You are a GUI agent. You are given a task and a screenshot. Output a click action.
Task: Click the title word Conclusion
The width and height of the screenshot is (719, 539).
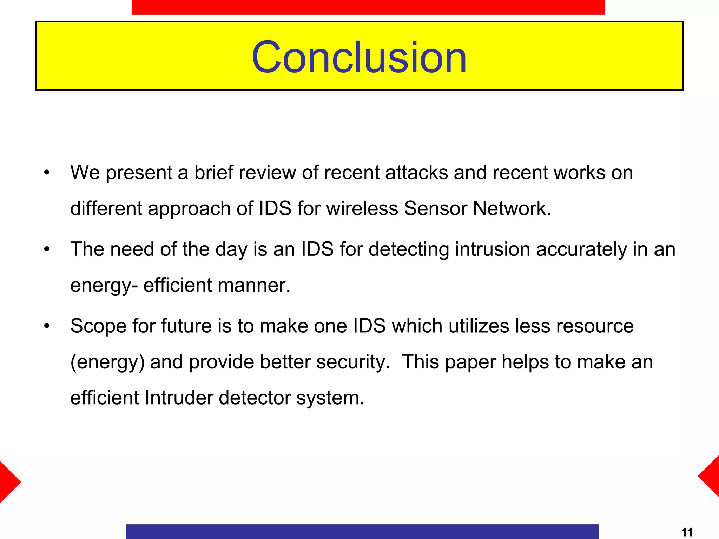pyautogui.click(x=359, y=57)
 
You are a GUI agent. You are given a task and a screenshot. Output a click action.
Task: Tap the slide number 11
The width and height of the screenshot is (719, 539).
pyautogui.click(x=687, y=532)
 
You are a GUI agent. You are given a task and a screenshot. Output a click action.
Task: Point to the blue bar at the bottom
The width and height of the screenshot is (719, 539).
pyautogui.click(x=362, y=531)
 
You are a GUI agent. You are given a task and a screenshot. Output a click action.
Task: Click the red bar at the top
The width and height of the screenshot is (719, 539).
pyautogui.click(x=368, y=7)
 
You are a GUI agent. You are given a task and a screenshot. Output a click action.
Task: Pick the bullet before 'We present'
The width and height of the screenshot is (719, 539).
pyautogui.click(x=47, y=173)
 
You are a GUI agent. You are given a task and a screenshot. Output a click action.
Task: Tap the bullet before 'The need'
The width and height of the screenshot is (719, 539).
pyautogui.click(x=47, y=249)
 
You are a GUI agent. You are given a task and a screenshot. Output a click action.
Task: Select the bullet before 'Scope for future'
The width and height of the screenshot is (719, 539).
pyautogui.click(x=47, y=326)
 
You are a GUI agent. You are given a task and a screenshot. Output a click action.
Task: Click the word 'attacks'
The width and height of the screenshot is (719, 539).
pyautogui.click(x=416, y=173)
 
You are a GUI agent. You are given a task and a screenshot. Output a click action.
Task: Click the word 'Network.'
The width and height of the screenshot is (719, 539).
pyautogui.click(x=512, y=208)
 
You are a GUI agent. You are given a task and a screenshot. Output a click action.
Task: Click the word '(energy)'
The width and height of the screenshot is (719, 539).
pyautogui.click(x=107, y=362)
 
